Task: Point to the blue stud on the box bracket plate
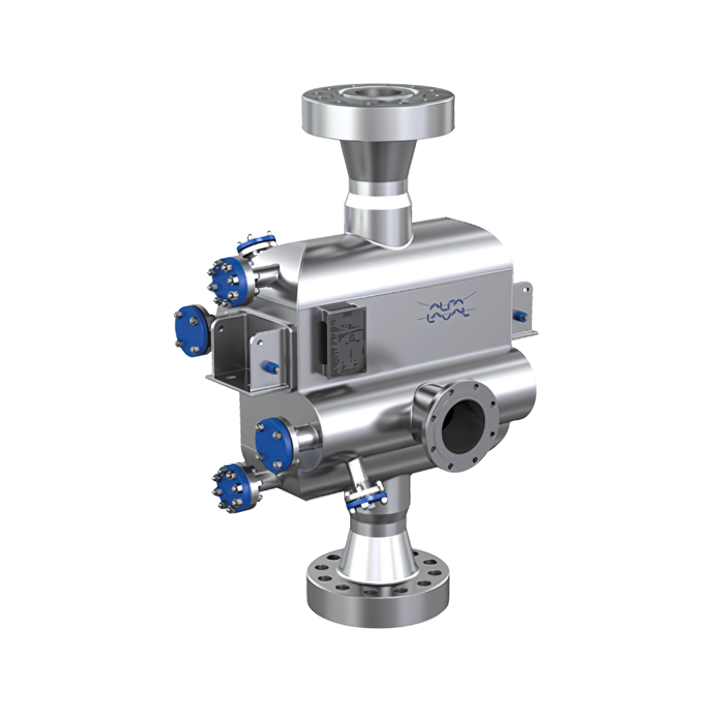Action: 273,365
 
